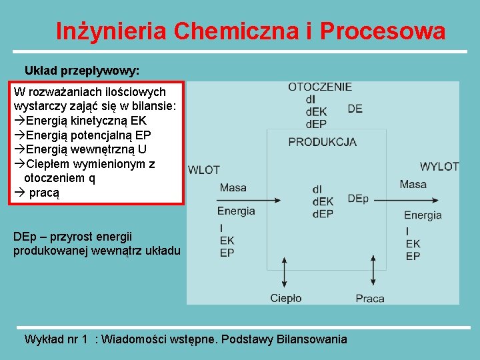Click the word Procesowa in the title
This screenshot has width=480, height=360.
[383, 31]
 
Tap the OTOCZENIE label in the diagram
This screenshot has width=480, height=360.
[320, 87]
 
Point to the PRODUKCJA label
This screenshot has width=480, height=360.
[322, 141]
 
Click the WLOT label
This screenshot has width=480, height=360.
[204, 170]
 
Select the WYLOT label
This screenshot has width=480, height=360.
[439, 166]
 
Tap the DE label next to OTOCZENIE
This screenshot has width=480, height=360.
[355, 109]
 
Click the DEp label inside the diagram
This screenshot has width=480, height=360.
[357, 199]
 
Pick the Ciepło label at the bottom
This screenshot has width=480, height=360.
[285, 298]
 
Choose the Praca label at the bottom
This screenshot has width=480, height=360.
[369, 298]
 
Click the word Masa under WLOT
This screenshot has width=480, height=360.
[233, 187]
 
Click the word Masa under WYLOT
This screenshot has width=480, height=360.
[413, 184]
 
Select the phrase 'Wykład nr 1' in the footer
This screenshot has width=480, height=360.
[56, 339]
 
